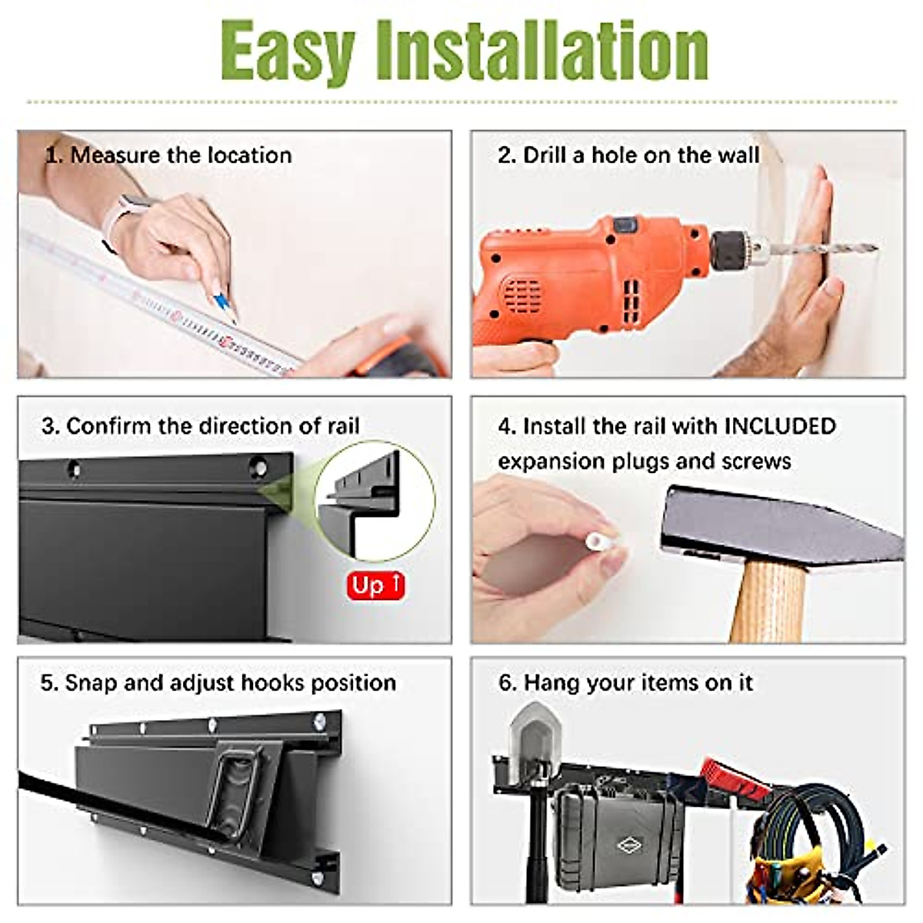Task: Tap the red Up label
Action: pos(375,585)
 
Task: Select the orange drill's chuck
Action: pos(735,249)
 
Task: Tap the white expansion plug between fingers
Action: pos(598,541)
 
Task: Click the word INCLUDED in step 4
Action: pos(780,426)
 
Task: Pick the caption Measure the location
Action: pos(181,155)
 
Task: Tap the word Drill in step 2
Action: pos(544,155)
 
